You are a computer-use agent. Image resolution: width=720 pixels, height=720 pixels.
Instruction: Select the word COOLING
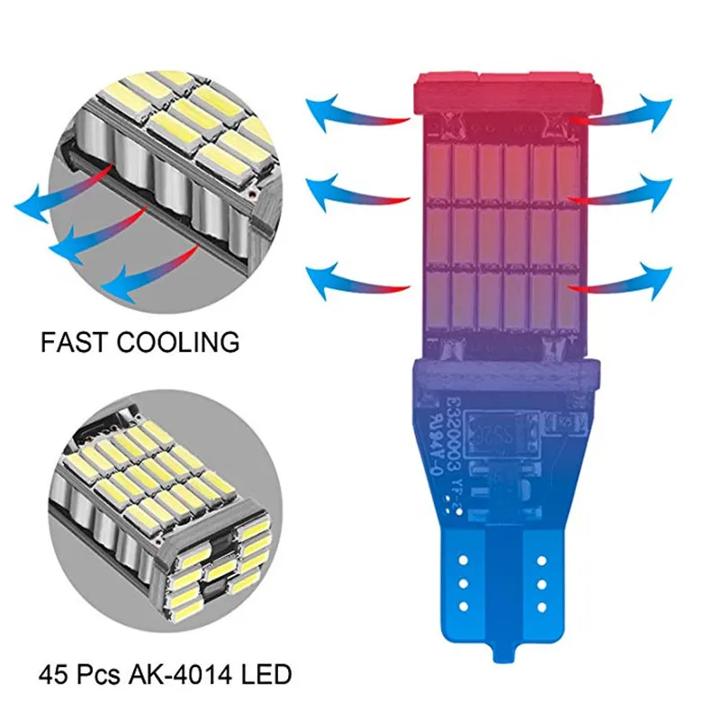[178, 342]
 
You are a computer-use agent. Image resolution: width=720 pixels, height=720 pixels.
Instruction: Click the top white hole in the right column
[546, 558]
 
